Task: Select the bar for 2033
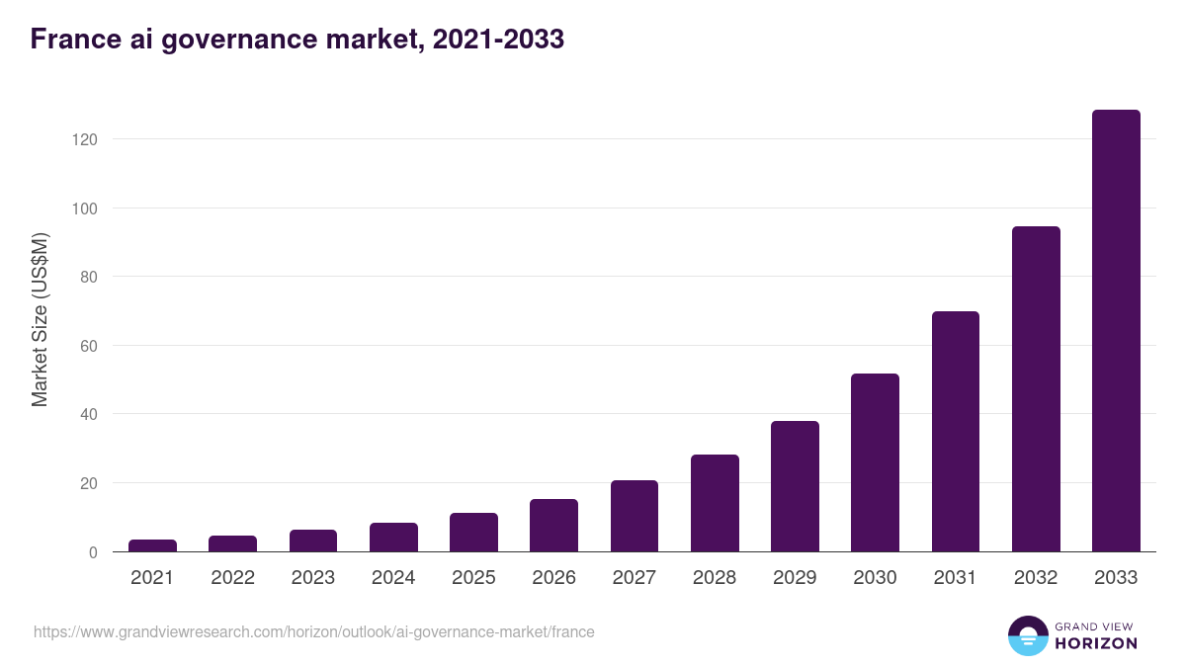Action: point(1116,331)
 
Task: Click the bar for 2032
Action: point(1036,389)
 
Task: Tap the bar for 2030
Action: point(875,462)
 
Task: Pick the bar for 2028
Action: point(715,503)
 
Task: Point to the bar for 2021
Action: point(152,545)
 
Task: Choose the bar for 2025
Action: point(473,532)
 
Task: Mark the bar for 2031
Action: point(955,432)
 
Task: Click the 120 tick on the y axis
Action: point(85,139)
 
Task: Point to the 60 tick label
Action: point(89,346)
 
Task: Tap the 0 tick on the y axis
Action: point(93,552)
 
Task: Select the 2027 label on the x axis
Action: point(634,578)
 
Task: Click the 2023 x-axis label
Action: point(312,578)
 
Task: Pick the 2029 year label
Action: point(795,578)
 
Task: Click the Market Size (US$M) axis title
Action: point(41,318)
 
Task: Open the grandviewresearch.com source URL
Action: point(314,631)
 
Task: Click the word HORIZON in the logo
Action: point(1096,643)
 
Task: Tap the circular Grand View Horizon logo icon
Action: point(1027,635)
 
